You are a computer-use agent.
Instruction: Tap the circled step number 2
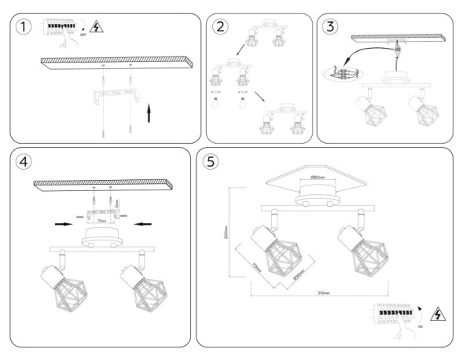click(x=220, y=26)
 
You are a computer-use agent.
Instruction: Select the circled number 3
click(x=331, y=26)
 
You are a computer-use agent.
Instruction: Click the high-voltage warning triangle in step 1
click(x=97, y=28)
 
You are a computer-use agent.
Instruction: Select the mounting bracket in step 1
click(x=116, y=101)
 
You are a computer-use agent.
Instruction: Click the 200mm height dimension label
click(x=228, y=230)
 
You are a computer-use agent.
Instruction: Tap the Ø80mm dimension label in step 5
click(x=318, y=178)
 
